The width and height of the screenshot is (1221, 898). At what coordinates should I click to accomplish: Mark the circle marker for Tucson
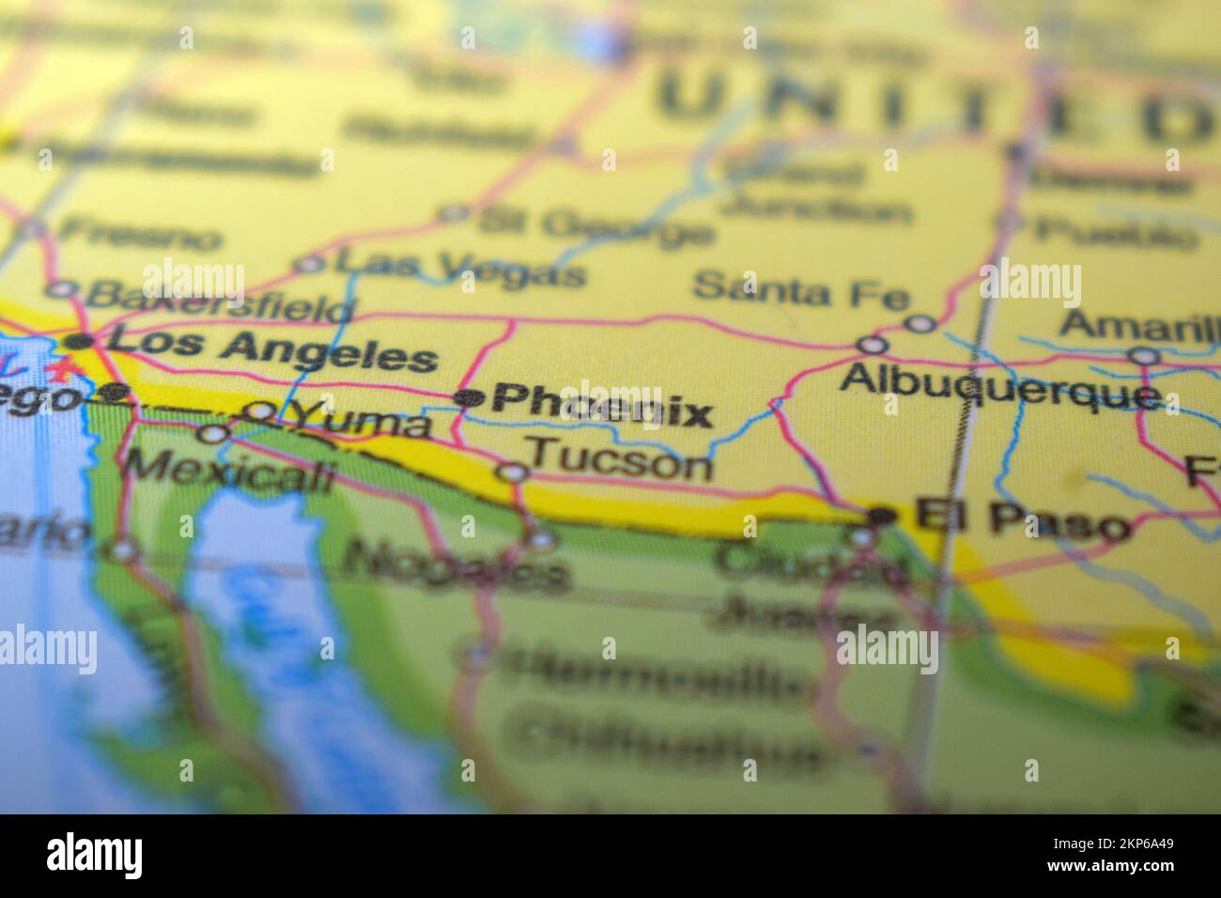pyautogui.click(x=513, y=472)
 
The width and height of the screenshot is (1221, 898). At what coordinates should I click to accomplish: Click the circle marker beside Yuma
pyautogui.click(x=258, y=410)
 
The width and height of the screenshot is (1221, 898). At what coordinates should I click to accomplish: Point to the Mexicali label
pyautogui.click(x=230, y=470)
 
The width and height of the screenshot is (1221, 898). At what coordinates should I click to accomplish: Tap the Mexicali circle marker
pyautogui.click(x=215, y=434)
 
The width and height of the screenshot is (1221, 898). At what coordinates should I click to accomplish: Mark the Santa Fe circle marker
pyautogui.click(x=920, y=323)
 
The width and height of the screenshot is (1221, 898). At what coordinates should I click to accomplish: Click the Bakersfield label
pyautogui.click(x=222, y=302)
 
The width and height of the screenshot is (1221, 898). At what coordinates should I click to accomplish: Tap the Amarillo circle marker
pyautogui.click(x=1143, y=355)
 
